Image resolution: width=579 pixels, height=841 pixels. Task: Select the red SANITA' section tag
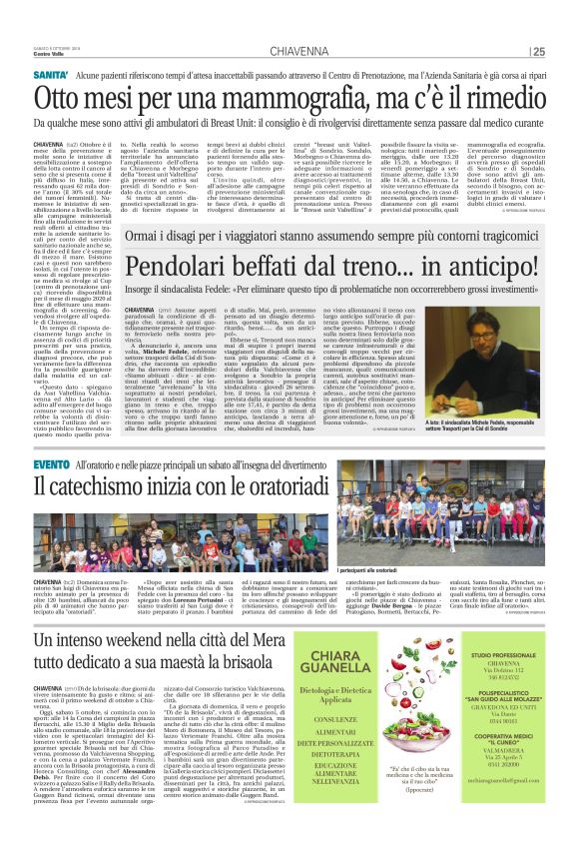click(51, 76)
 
